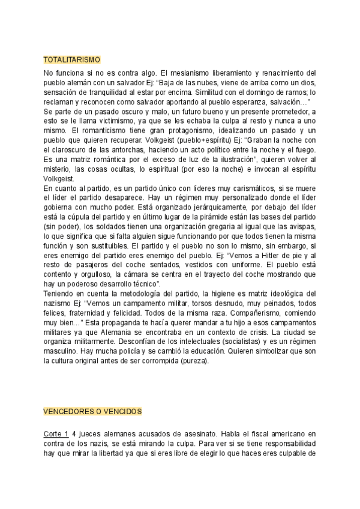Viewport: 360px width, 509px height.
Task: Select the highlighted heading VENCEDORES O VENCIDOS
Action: [x=92, y=412]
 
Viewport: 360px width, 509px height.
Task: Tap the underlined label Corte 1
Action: [x=56, y=433]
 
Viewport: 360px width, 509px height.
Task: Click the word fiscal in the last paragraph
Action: [x=250, y=433]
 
